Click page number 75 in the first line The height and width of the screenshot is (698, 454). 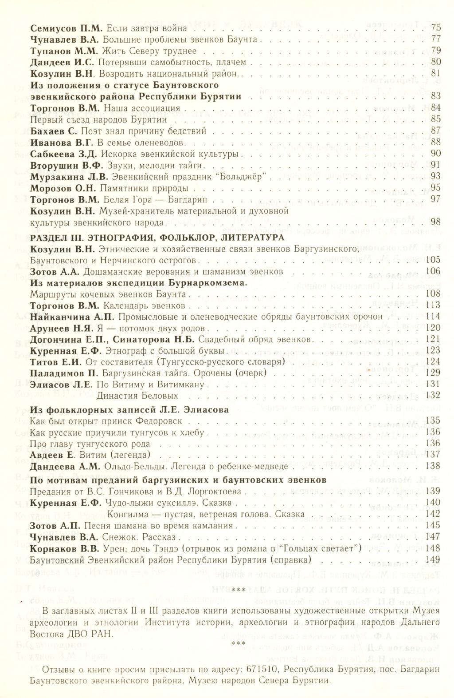tap(436, 27)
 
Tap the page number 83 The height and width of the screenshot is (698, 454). tap(436, 96)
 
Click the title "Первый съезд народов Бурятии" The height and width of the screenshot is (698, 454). tap(98, 119)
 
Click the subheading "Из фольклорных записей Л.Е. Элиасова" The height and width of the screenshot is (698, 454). tap(129, 410)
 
